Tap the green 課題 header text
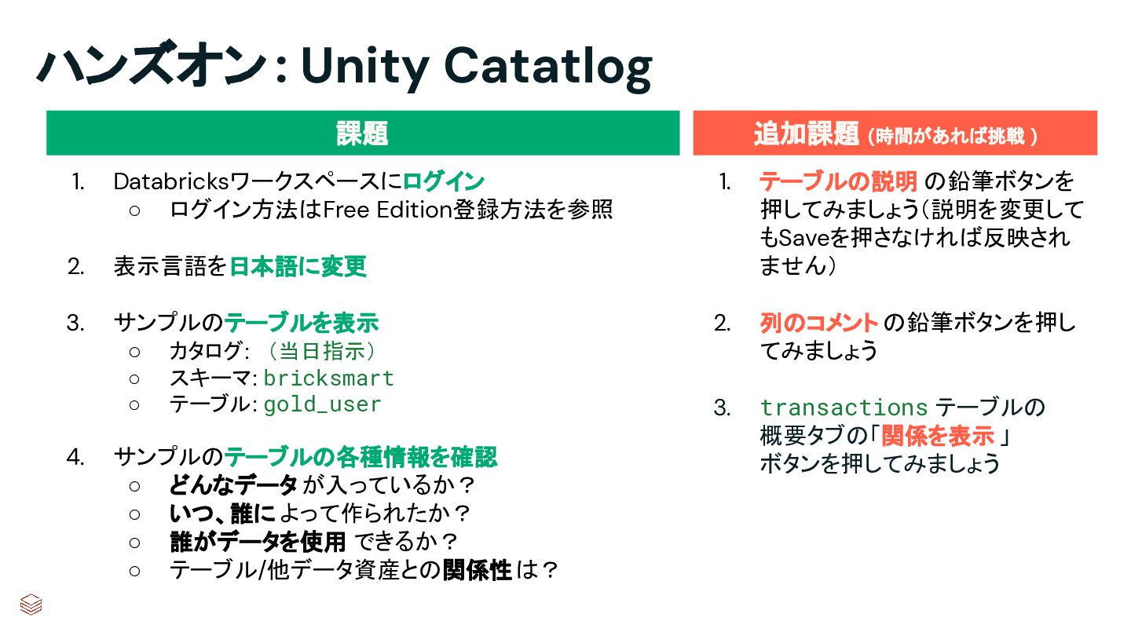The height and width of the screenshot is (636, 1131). pyautogui.click(x=362, y=133)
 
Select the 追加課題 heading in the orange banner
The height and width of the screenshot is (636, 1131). pyautogui.click(x=806, y=134)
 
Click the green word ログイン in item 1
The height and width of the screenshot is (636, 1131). pyautogui.click(x=444, y=182)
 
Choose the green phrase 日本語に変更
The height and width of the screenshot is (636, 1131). pyautogui.click(x=298, y=267)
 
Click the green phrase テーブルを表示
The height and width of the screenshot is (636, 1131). pyautogui.click(x=302, y=323)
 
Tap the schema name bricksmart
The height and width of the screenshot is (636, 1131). pyautogui.click(x=328, y=378)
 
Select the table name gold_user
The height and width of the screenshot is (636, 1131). pyautogui.click(x=322, y=405)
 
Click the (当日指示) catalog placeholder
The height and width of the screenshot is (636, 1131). pyautogui.click(x=321, y=351)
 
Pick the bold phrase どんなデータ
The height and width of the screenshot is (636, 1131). pyautogui.click(x=233, y=485)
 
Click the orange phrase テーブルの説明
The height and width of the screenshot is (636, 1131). pyautogui.click(x=838, y=182)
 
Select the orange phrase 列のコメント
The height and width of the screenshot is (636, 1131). pyautogui.click(x=818, y=323)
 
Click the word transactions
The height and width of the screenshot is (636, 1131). pyautogui.click(x=844, y=408)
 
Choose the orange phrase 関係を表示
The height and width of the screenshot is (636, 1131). pyautogui.click(x=938, y=436)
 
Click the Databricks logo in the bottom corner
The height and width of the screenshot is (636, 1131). pyautogui.click(x=31, y=605)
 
